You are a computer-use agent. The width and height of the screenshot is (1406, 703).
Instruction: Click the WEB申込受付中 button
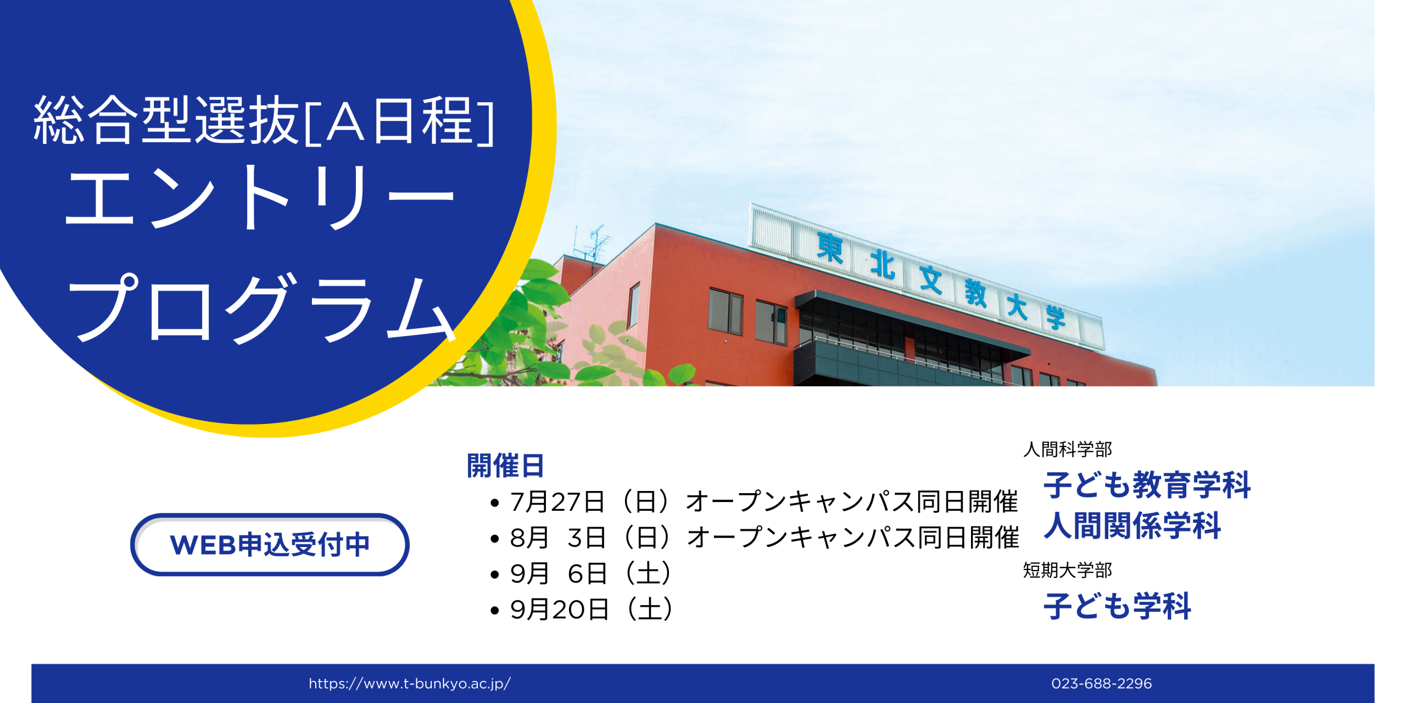coord(270,544)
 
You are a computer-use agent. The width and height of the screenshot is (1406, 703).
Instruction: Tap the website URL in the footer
coord(410,683)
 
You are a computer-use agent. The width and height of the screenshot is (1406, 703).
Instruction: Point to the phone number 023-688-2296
coord(1101,683)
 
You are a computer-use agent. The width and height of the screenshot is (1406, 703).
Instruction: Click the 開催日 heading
coord(505,466)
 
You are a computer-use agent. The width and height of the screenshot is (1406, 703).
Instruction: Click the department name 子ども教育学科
coord(1147,484)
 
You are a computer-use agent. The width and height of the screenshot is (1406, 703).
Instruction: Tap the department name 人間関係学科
coord(1132,525)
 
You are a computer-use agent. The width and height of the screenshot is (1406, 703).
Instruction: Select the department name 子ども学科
coord(1118,606)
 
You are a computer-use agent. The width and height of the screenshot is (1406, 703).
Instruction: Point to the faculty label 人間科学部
coord(1068,449)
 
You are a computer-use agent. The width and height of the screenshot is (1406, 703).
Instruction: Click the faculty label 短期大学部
coord(1068,570)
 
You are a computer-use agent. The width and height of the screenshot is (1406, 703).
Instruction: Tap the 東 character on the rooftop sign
coord(830,248)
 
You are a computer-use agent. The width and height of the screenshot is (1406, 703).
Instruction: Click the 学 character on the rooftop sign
coord(1055,317)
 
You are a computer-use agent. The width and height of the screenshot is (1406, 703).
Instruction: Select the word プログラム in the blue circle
coord(261,308)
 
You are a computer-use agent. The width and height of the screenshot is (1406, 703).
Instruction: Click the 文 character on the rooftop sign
coord(931,279)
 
